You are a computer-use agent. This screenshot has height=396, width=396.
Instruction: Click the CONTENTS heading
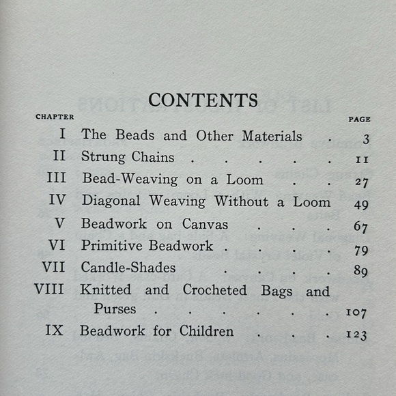coord(203,100)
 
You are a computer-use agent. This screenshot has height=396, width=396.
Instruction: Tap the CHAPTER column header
coord(55,117)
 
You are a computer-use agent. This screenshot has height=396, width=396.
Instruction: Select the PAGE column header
coord(359,119)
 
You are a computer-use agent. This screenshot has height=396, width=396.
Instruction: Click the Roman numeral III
coord(57,180)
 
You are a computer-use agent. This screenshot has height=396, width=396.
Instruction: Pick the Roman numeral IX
coord(55,331)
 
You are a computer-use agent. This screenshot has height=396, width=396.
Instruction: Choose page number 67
coord(361,227)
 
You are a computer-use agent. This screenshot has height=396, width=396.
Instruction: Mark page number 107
coord(357,313)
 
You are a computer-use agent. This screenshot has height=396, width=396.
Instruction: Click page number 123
coord(357,335)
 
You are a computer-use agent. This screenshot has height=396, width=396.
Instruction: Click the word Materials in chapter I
coord(272,135)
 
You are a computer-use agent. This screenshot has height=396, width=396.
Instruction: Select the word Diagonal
coord(111,201)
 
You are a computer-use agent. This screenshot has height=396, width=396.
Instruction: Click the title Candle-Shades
coord(128,267)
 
